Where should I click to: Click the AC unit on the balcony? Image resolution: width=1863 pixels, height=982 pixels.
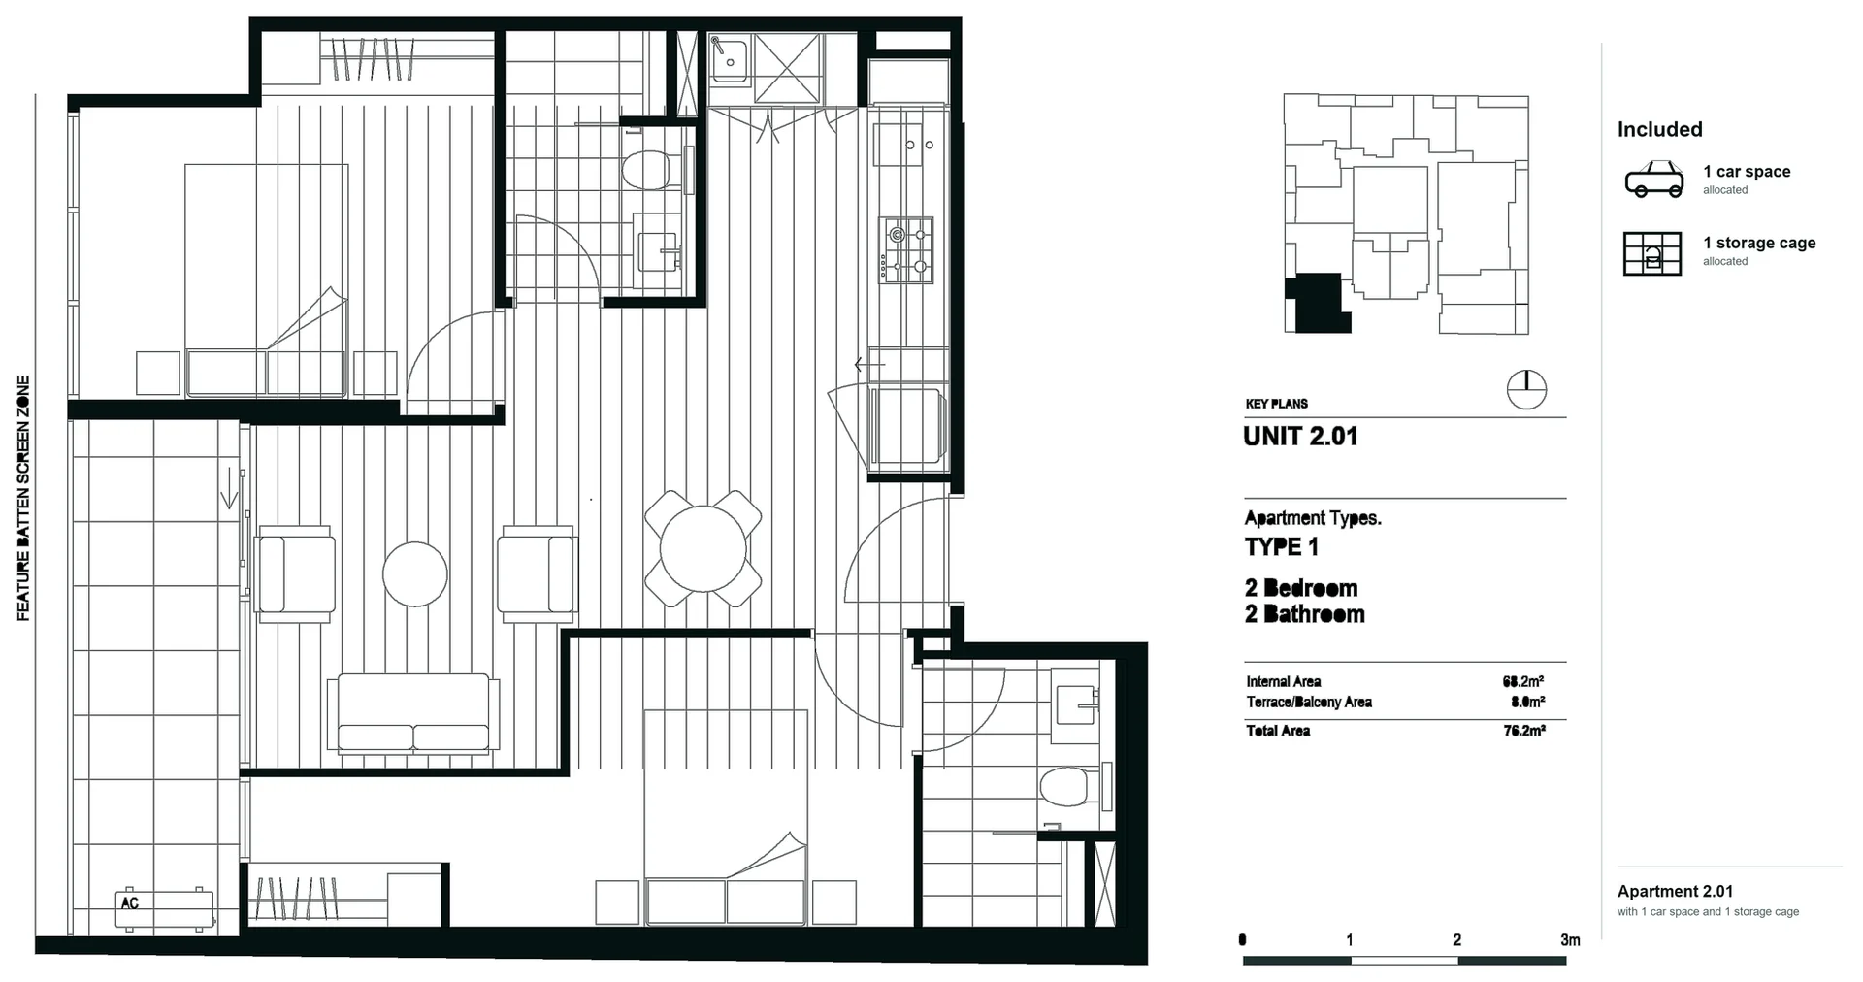point(165,908)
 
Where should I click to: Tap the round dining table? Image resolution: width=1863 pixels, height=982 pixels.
point(703,548)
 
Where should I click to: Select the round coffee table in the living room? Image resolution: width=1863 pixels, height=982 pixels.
point(415,574)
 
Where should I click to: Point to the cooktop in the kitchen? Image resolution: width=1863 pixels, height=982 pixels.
point(906,250)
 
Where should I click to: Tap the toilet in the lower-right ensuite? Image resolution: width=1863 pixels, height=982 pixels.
point(1072,786)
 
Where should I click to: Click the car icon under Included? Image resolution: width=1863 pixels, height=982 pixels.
point(1654,180)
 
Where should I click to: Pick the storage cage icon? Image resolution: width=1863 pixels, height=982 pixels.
point(1652,253)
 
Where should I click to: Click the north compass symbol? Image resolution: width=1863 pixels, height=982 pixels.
point(1526,390)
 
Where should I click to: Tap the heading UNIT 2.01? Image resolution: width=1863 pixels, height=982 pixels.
point(1300,437)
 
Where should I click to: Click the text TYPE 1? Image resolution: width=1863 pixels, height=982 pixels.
point(1282,547)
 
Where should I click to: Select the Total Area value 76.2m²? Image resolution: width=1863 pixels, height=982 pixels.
point(1524,731)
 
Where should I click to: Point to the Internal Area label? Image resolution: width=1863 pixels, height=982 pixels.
point(1284,681)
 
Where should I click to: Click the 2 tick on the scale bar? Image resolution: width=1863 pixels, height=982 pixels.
point(1456,939)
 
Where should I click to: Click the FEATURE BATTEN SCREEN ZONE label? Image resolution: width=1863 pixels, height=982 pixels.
point(23,498)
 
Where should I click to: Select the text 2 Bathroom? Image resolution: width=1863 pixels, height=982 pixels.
point(1305,614)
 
